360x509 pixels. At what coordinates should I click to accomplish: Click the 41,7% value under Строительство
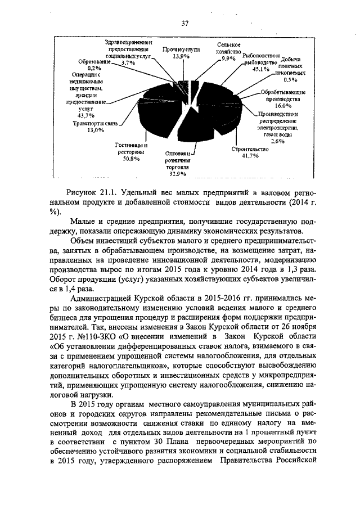click(x=250, y=156)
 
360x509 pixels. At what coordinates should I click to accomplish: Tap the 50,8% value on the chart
click(x=130, y=159)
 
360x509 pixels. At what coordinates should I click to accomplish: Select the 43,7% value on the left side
click(x=86, y=115)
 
